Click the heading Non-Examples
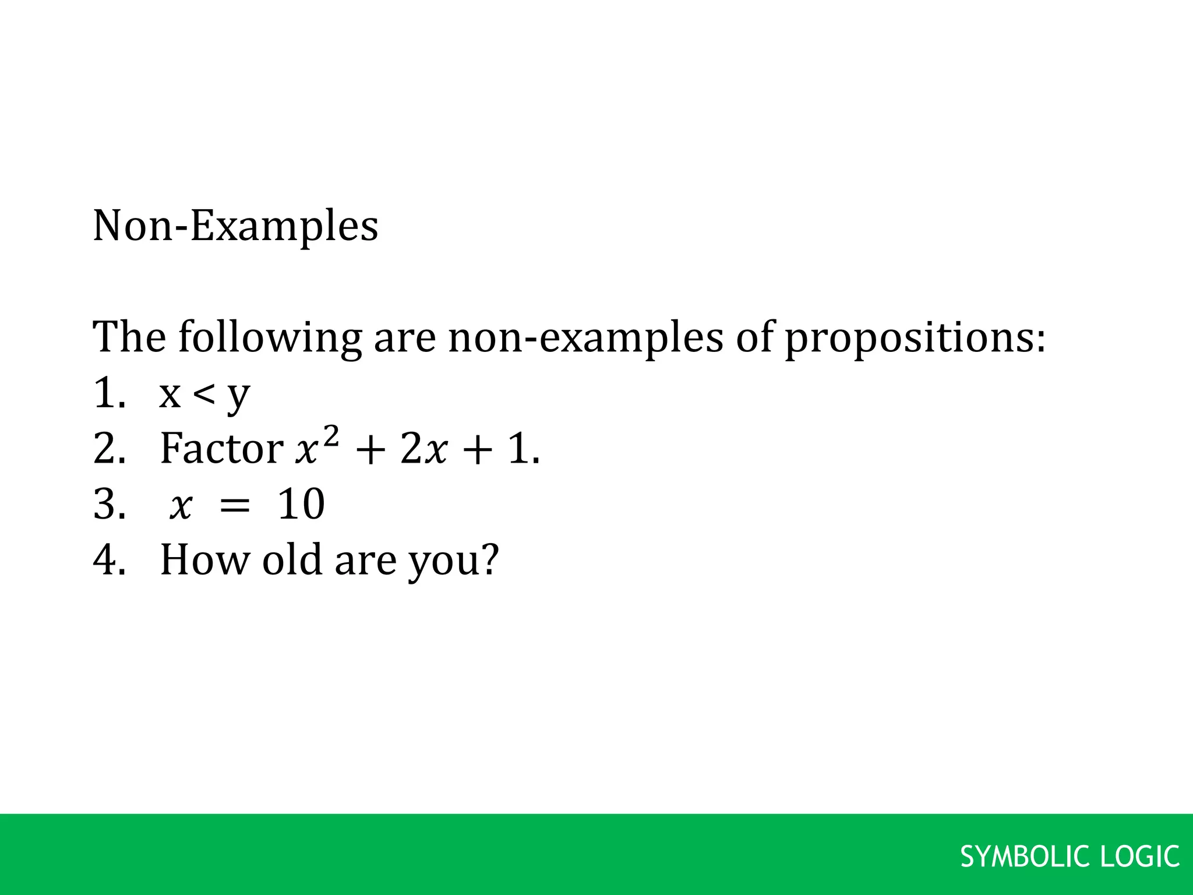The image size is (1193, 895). coord(235,226)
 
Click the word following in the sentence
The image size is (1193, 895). coord(270,338)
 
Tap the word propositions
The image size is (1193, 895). coord(915,338)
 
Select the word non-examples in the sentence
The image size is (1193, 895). coord(585,338)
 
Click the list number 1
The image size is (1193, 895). coord(108,393)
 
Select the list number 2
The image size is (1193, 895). coord(108,449)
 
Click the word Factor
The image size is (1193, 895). coord(221,449)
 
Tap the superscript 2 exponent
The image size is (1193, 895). coord(330,436)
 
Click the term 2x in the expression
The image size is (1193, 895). coord(424,450)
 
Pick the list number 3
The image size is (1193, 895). coord(108,504)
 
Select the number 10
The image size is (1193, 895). coord(301,504)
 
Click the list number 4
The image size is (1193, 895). coord(108,559)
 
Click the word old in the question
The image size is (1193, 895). coord(292,559)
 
